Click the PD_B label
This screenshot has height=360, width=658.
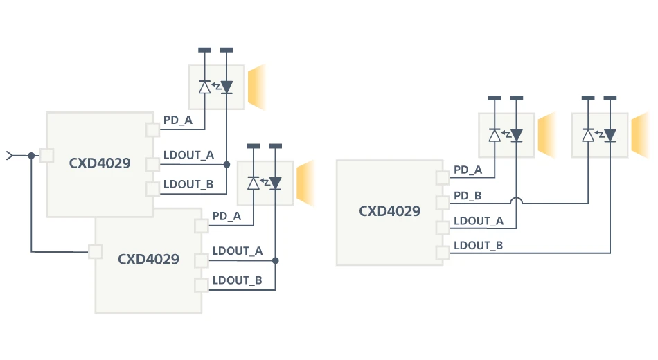(x=468, y=196)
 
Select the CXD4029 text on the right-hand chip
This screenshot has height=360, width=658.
(x=389, y=211)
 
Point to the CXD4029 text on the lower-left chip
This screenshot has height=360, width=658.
(x=148, y=260)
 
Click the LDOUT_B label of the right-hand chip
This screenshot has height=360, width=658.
(x=478, y=246)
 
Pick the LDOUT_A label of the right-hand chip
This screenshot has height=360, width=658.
(x=478, y=221)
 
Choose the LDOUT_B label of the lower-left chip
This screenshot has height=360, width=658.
(x=237, y=280)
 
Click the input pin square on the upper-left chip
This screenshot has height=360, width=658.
(x=47, y=155)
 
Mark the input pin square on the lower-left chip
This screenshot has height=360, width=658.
(x=96, y=251)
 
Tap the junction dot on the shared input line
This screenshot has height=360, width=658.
(x=31, y=155)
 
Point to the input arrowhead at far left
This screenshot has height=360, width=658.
(x=9, y=155)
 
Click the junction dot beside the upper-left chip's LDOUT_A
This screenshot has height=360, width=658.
(x=226, y=165)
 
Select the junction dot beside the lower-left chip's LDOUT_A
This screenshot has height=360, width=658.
(x=275, y=261)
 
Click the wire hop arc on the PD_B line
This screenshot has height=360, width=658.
(x=517, y=201)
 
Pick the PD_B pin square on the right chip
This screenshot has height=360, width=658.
(x=443, y=203)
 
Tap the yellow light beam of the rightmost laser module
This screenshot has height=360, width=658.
(x=641, y=136)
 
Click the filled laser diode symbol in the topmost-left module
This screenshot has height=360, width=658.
(x=226, y=87)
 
